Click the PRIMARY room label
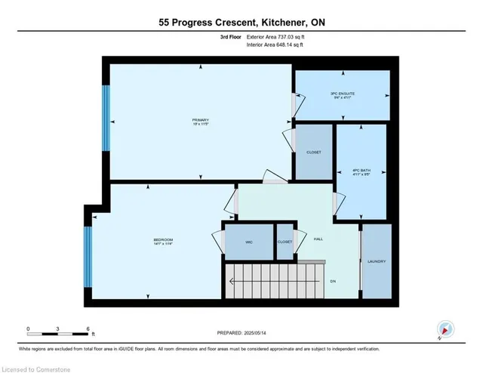200,121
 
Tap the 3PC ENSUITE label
343,93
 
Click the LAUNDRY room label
377,261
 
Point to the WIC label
248,242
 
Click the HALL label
318,239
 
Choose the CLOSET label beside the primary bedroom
313,153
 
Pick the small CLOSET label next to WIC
285,242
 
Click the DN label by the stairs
334,281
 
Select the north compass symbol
445,329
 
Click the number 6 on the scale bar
88,329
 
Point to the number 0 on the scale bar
28,329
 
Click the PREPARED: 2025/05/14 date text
241,333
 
